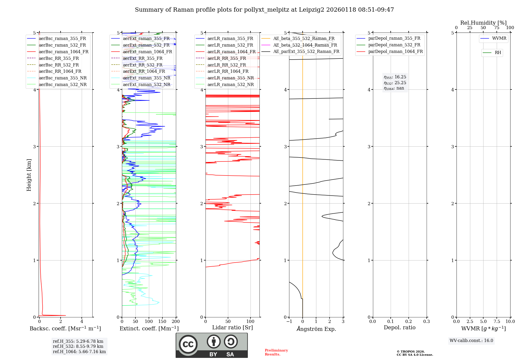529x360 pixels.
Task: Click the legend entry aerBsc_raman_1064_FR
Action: [63, 52]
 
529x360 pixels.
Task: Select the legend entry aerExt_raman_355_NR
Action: [147, 78]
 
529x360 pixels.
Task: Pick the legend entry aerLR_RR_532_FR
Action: [227, 65]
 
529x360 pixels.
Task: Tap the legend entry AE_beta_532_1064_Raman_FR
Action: [305, 45]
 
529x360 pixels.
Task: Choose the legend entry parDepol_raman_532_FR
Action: [394, 45]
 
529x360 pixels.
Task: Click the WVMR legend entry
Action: [499, 38]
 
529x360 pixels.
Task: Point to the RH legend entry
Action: [498, 53]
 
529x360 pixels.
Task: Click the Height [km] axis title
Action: [29, 175]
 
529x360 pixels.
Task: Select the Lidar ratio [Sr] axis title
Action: [232, 328]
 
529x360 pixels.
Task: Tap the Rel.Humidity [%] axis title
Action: [483, 23]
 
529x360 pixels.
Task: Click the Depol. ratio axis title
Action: [399, 328]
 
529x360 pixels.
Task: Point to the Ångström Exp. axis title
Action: [316, 329]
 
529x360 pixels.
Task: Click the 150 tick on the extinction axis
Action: [162, 322]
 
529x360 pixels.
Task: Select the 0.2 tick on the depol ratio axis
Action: [408, 322]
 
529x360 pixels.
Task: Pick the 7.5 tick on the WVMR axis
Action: [497, 322]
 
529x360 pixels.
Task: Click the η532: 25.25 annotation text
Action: [395, 83]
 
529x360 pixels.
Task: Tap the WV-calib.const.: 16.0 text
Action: [471, 341]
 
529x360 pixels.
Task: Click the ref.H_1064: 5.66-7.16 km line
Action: [79, 352]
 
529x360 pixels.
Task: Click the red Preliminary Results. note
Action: [276, 352]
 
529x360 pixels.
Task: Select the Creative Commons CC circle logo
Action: [188, 344]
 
